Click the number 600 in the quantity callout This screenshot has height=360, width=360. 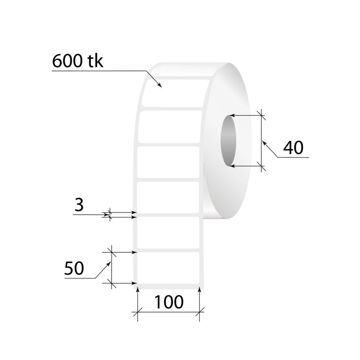67,61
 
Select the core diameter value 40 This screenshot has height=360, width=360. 293,148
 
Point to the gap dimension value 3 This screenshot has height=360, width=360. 80,205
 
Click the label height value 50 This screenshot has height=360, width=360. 74,268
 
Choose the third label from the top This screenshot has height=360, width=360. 169,162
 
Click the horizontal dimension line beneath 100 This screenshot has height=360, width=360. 169,312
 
